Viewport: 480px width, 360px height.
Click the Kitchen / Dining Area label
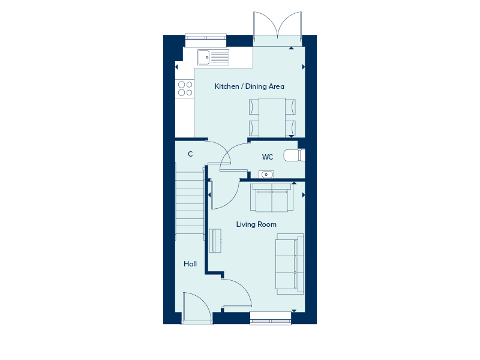pos(249,86)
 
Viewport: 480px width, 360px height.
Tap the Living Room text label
pos(256,224)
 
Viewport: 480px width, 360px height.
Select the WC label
pos(268,157)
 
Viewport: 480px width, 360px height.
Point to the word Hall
pos(190,264)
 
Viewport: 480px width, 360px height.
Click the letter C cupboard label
pos(190,154)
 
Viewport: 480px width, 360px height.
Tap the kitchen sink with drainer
pos(213,57)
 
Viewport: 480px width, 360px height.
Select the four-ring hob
pos(185,88)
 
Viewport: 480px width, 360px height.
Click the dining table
pos(272,118)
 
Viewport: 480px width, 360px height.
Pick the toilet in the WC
pos(294,155)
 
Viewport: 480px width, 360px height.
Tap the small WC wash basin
pos(266,175)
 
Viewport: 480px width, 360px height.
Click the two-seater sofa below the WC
pos(272,197)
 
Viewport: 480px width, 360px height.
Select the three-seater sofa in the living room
pos(290,264)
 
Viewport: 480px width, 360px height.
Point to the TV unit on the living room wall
pos(215,241)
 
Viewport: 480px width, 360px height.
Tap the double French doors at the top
pos(278,26)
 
